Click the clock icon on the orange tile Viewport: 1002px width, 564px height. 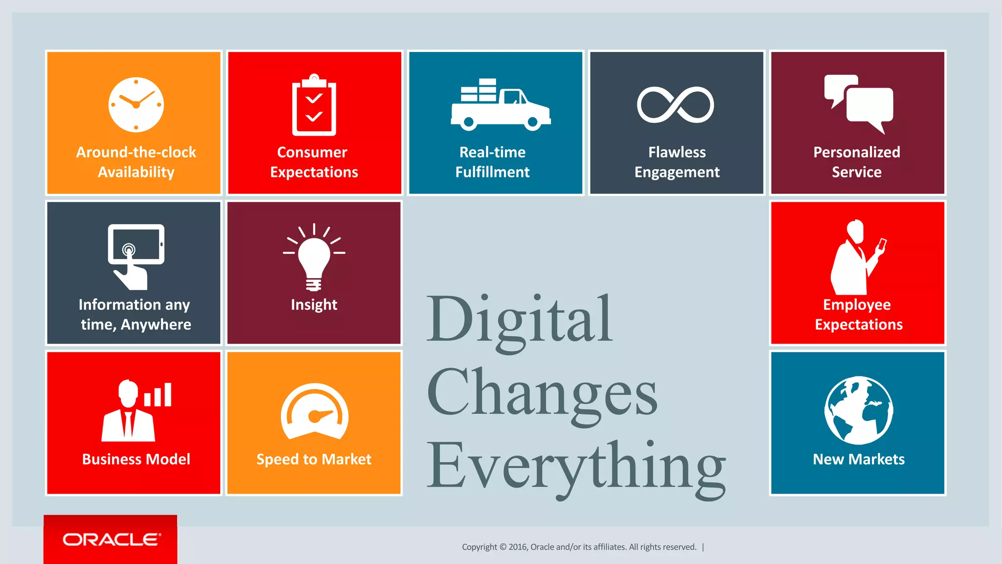(136, 105)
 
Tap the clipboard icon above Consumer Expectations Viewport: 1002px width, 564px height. (314, 105)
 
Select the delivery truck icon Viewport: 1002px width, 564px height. (500, 105)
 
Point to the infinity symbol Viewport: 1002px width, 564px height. (675, 105)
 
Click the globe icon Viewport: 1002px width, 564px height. (859, 410)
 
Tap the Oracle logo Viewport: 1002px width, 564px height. (112, 540)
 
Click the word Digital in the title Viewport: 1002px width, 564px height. (520, 321)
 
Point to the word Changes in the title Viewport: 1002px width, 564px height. (542, 394)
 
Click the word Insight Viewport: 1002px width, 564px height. (314, 305)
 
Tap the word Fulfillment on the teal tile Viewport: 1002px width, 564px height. (493, 172)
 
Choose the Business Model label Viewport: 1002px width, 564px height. (136, 459)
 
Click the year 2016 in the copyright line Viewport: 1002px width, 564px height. (518, 547)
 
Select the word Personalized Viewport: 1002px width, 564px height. (857, 152)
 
